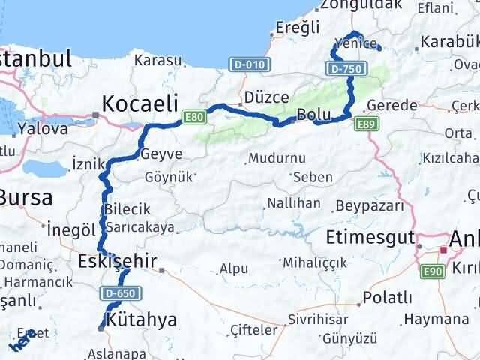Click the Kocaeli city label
[140, 103]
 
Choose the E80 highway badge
[194, 116]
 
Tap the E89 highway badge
[365, 124]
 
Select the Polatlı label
[387, 298]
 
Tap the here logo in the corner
[21, 342]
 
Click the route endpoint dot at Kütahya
[101, 327]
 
